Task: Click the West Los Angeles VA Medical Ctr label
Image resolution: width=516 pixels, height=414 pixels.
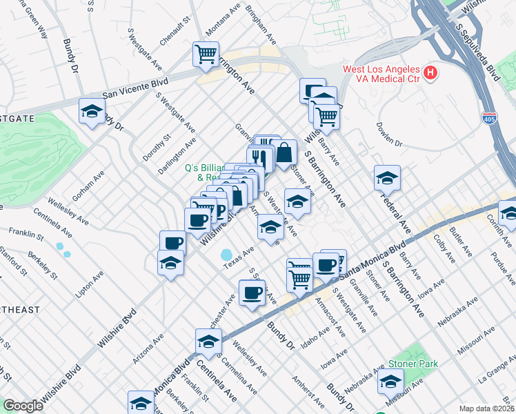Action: click(x=381, y=74)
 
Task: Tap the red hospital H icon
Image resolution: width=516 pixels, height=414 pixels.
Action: click(x=431, y=72)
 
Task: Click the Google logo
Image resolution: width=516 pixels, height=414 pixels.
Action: click(x=22, y=406)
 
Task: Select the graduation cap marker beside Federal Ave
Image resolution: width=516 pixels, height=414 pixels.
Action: click(x=387, y=177)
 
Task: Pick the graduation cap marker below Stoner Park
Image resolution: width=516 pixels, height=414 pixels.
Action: click(x=391, y=381)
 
